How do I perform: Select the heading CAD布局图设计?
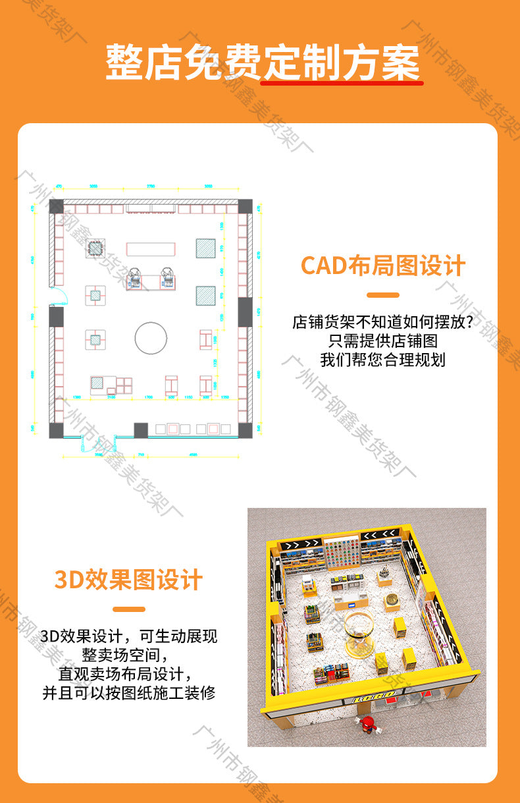(383, 265)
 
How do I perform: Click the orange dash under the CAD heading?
(382, 295)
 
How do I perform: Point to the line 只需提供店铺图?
(382, 341)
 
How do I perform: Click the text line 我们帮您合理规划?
(382, 360)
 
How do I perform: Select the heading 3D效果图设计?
(128, 580)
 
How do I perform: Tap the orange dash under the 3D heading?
(128, 609)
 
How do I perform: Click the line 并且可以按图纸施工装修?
(128, 693)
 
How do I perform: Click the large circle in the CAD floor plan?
(153, 338)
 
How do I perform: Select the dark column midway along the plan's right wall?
(245, 312)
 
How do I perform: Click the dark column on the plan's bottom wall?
(141, 430)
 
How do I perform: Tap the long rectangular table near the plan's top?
(151, 249)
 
